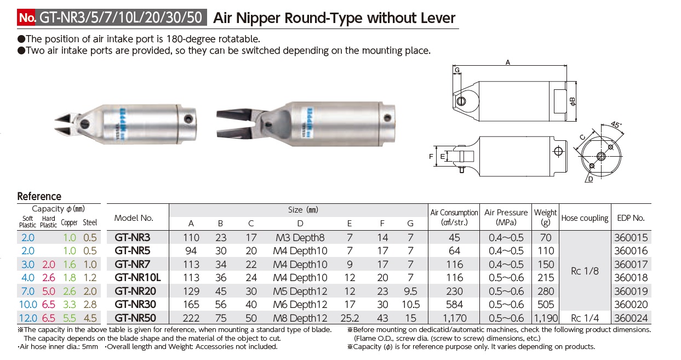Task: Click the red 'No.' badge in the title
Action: (x=27, y=18)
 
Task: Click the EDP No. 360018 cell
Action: (x=632, y=278)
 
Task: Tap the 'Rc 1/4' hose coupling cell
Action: (x=585, y=318)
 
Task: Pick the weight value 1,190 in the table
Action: (x=545, y=318)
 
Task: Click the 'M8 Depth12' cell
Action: (x=300, y=318)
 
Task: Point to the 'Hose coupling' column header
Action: (x=585, y=218)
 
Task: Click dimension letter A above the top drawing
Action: (x=508, y=63)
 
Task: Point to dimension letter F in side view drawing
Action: (x=431, y=156)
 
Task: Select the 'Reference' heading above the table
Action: (x=39, y=196)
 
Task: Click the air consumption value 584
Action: (x=454, y=305)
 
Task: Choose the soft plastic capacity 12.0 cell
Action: (x=27, y=318)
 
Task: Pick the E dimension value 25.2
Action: (x=350, y=318)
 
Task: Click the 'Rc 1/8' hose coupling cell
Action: (x=585, y=271)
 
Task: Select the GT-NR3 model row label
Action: (x=132, y=238)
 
